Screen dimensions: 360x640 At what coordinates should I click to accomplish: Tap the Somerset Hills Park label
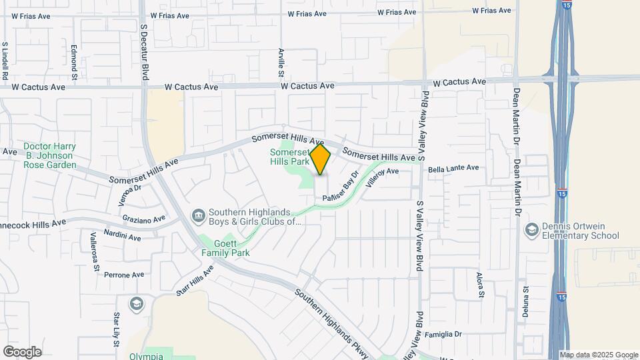pos(290,157)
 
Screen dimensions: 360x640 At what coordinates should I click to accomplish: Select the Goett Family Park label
pos(226,249)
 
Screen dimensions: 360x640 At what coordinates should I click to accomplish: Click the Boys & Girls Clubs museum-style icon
pos(199,215)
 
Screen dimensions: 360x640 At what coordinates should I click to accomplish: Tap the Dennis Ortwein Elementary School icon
pos(531,230)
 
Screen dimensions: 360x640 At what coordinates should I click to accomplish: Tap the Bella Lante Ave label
pos(453,168)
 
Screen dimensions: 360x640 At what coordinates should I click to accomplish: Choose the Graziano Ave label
pos(143,219)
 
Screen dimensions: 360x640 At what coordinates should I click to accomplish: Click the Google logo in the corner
pos(22,351)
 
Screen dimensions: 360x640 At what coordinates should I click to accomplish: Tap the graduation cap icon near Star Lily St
pos(137,304)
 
